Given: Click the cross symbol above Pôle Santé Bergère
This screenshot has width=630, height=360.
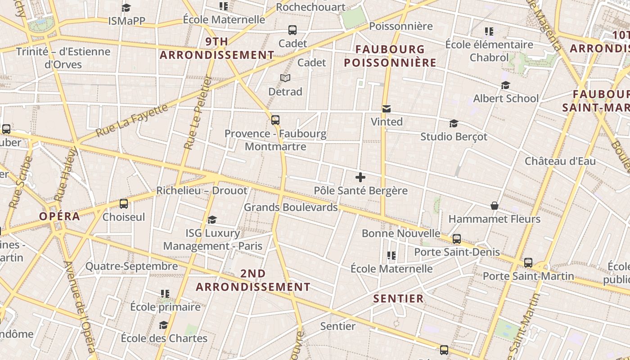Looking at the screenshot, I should (x=360, y=177).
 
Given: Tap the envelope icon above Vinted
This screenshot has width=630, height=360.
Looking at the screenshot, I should (x=386, y=109).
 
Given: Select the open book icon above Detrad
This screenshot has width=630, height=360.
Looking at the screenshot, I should (x=285, y=78).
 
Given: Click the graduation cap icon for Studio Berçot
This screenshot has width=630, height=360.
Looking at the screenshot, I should (x=454, y=123).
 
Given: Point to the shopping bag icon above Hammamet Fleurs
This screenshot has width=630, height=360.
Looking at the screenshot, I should (x=495, y=206).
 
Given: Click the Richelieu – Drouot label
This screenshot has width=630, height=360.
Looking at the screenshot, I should (x=202, y=190).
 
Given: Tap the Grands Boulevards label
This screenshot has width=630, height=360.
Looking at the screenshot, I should (x=291, y=207).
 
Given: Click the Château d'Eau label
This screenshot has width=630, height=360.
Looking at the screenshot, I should (x=560, y=161).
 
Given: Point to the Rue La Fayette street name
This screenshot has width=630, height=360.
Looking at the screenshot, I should (x=133, y=122).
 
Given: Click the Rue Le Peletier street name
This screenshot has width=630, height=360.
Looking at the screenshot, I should (x=198, y=112).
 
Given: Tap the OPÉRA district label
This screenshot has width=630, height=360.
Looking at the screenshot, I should (x=59, y=216).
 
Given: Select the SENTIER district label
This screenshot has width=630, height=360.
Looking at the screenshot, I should (x=399, y=298).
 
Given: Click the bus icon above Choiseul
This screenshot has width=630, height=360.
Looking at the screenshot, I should (x=124, y=204).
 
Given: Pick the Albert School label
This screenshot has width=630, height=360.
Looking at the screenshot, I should (x=506, y=99).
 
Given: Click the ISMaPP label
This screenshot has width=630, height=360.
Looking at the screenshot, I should (x=126, y=21).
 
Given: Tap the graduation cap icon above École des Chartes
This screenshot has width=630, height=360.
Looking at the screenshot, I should (x=164, y=325).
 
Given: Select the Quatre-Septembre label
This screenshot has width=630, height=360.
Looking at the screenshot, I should (x=132, y=266).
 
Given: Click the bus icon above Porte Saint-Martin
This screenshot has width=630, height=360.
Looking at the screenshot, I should (x=528, y=262).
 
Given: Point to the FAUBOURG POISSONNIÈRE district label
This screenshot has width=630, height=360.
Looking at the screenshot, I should (x=390, y=56).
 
